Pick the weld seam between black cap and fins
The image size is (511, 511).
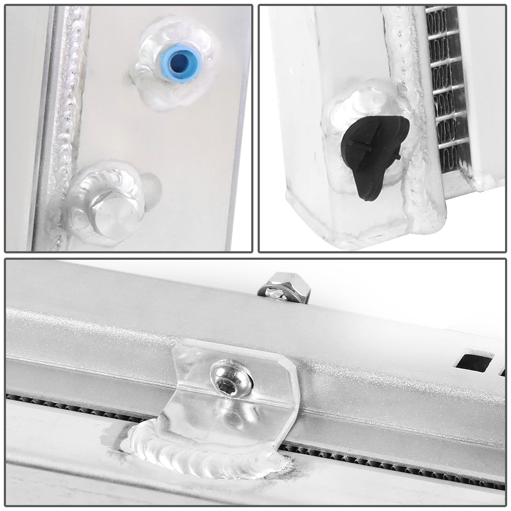point(415,128)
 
